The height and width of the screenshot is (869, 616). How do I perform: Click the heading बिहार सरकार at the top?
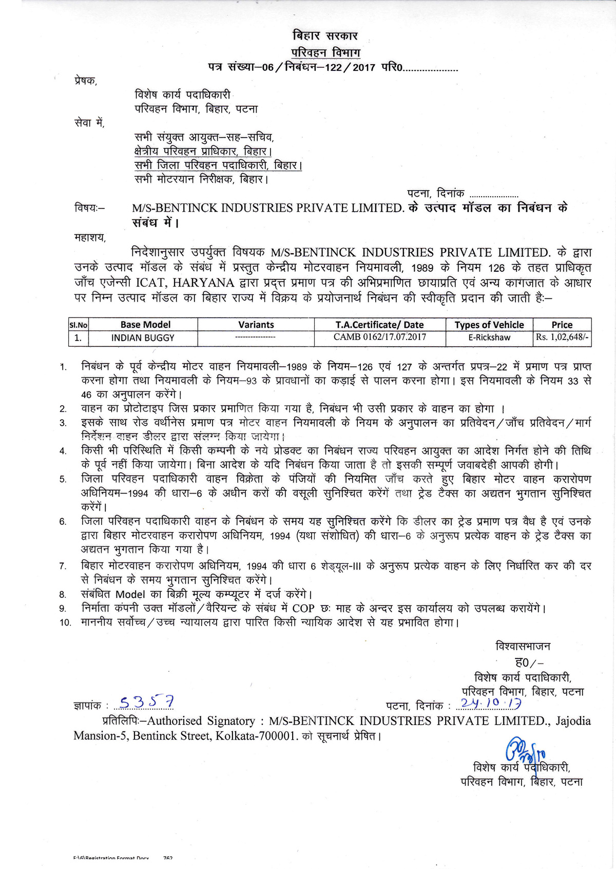[x=325, y=36]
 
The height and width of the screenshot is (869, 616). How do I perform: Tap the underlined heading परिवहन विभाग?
[x=326, y=52]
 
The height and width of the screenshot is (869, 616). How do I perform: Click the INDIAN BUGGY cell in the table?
[x=143, y=338]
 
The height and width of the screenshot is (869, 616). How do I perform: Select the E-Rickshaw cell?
[x=489, y=338]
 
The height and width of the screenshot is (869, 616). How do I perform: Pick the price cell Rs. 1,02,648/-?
[x=563, y=338]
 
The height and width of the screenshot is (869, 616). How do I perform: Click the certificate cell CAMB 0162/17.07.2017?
[x=380, y=337]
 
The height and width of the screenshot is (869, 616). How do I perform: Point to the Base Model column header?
[x=145, y=325]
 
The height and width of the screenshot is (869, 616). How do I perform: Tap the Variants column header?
[x=256, y=325]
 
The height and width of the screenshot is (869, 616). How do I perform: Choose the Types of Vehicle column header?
[x=489, y=325]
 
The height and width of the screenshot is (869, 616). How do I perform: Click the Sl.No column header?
[x=79, y=325]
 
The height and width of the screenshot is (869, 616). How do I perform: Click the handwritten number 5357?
[x=146, y=702]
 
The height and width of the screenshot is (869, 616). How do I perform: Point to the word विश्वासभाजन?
[x=523, y=646]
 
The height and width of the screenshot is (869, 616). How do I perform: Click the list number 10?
[x=65, y=623]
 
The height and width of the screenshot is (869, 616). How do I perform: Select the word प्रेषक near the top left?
[x=85, y=81]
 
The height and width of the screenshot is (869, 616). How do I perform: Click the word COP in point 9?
[x=303, y=609]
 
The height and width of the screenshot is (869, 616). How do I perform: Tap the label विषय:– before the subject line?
[x=89, y=208]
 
